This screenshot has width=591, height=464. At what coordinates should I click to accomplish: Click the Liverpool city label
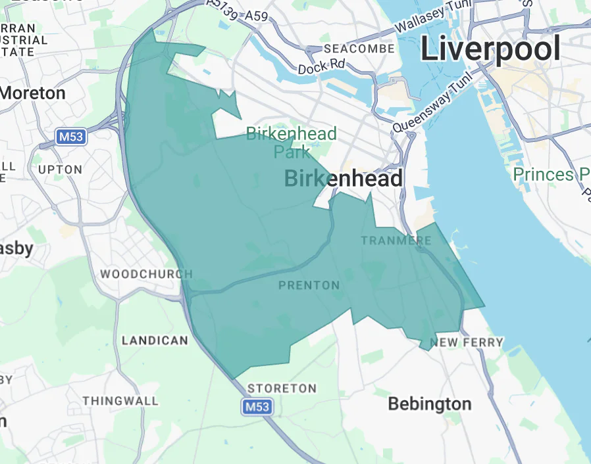(x=490, y=49)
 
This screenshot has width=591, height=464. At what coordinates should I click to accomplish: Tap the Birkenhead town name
(x=343, y=178)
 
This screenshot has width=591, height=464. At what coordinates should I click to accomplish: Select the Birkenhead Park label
(x=291, y=143)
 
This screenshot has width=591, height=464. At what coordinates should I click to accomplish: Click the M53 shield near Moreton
(x=70, y=137)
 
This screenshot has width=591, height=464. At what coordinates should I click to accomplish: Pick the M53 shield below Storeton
(x=257, y=407)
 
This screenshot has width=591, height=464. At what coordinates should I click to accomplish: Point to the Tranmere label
(x=396, y=241)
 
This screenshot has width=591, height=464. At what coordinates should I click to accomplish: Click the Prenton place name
(x=309, y=285)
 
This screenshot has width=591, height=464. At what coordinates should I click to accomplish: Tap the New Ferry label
(x=466, y=342)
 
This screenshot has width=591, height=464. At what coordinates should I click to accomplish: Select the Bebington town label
(x=429, y=403)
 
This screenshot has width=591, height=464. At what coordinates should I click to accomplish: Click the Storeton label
(x=281, y=388)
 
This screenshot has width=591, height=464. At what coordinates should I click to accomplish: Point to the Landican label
(x=155, y=340)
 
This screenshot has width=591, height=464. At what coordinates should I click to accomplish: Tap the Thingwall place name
(x=120, y=400)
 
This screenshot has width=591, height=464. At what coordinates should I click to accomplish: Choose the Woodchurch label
(x=146, y=274)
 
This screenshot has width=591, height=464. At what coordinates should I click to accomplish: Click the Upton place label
(x=60, y=170)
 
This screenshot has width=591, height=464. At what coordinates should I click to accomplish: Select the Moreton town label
(x=33, y=93)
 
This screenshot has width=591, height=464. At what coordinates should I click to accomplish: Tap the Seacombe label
(x=359, y=49)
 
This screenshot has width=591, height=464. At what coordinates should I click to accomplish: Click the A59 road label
(x=256, y=16)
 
